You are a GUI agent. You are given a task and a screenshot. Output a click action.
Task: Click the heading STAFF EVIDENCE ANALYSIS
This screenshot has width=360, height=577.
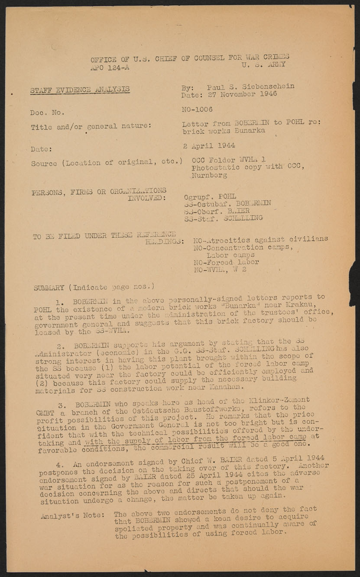(x=80, y=90)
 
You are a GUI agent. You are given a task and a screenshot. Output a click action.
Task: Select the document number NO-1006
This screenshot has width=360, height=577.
(x=197, y=110)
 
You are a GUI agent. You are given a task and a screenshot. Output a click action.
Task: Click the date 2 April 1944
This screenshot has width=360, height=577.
(x=209, y=145)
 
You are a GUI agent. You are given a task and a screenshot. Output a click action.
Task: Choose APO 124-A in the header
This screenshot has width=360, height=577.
(x=110, y=67)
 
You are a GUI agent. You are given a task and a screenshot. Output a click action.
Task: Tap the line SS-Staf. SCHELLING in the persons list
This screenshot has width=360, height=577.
(x=223, y=218)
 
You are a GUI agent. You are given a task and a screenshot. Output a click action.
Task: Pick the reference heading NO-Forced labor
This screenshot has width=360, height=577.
(x=226, y=262)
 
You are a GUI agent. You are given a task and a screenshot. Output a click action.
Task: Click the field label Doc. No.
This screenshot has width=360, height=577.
(x=47, y=113)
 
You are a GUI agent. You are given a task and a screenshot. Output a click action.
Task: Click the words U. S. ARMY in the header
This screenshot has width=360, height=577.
(x=263, y=64)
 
